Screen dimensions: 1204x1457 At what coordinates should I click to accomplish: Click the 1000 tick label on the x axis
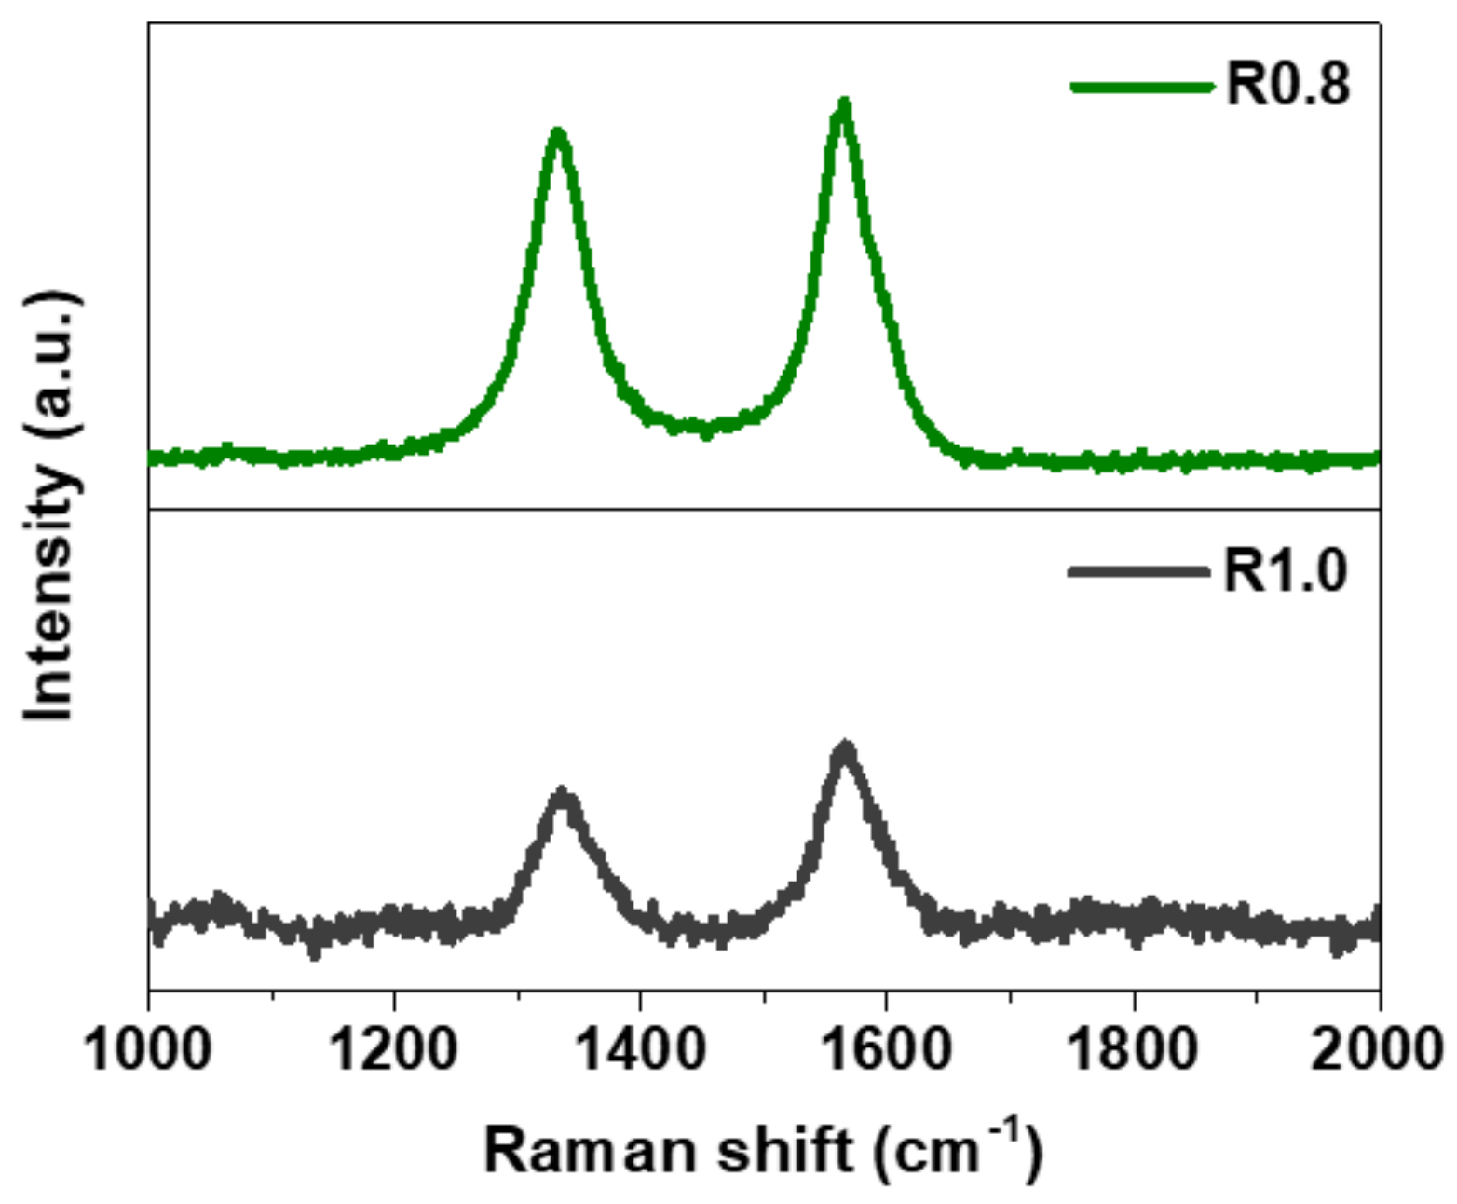coord(148,1049)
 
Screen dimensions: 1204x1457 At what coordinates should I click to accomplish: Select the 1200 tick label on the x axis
coord(394,1049)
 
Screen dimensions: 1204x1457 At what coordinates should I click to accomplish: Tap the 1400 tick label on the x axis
coord(640,1049)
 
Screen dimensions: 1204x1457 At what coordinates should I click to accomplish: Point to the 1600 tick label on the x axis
coord(886,1049)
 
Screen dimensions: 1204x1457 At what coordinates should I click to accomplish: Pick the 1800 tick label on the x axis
coord(1133,1049)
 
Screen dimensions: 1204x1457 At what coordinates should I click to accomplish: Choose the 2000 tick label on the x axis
coord(1377,1049)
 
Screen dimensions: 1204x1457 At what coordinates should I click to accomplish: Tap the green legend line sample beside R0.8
coord(1143,87)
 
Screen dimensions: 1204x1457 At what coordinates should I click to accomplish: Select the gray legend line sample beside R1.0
coord(1139,570)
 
